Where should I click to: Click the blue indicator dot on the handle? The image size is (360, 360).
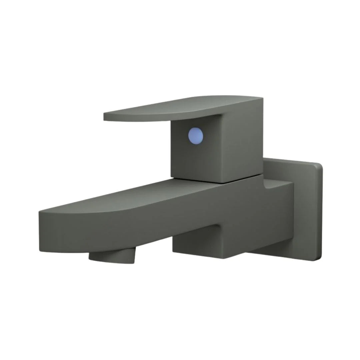(196, 136)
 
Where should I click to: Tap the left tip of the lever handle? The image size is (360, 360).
(105, 117)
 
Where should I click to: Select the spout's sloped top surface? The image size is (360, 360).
(133, 197)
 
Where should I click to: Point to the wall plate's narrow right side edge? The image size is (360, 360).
(321, 213)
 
